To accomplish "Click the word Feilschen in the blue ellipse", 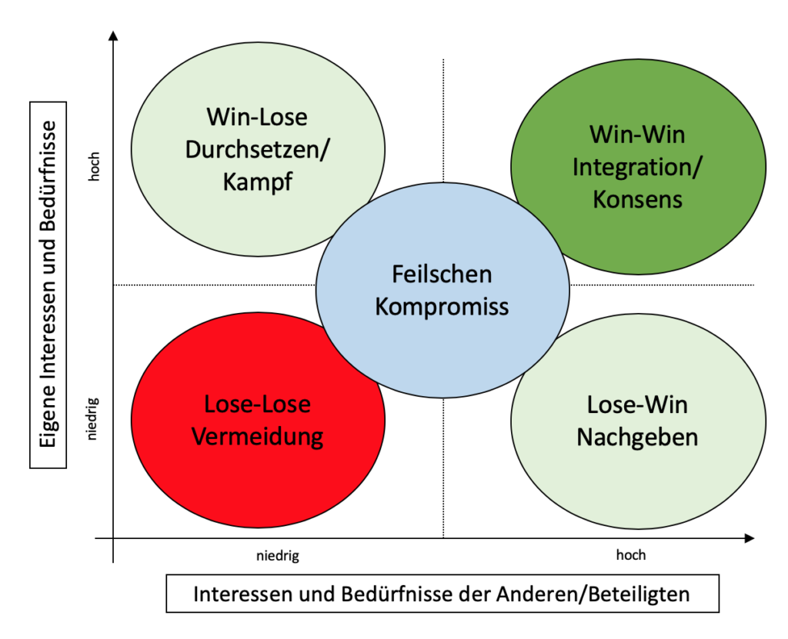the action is [x=442, y=275].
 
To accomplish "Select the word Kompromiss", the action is [x=442, y=307].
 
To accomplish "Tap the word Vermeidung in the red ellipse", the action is [x=257, y=437].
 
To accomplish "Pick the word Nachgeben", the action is [x=637, y=437].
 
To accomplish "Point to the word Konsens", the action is [x=637, y=199].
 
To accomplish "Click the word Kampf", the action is [x=257, y=181].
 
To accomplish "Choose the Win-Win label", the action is [x=637, y=135].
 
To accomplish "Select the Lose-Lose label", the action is [x=257, y=404].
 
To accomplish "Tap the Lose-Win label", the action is [x=637, y=405].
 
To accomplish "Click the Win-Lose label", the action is [x=257, y=117].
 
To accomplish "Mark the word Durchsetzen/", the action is [x=257, y=150].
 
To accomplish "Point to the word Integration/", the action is [x=637, y=168].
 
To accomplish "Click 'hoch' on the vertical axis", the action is [x=94, y=166].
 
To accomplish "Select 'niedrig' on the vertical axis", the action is [x=93, y=419].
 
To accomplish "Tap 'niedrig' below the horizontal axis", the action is [x=278, y=556].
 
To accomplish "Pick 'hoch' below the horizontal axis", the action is [x=631, y=554].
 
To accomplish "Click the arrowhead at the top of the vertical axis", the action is [x=113, y=35].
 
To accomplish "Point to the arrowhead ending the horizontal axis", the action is [x=750, y=538].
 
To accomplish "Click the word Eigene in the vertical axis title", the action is [x=48, y=418].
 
